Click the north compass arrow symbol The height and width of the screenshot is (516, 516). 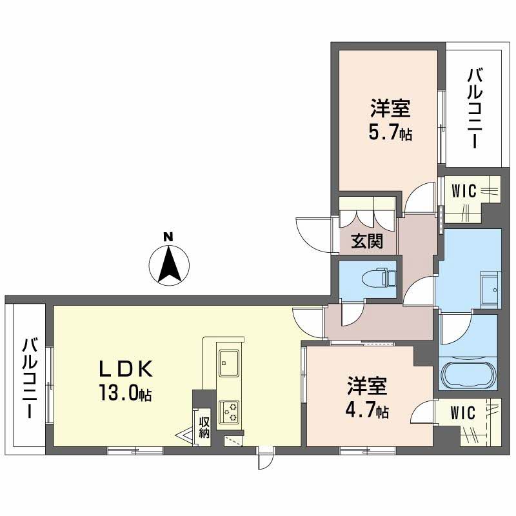168,264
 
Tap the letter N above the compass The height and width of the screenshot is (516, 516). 168,237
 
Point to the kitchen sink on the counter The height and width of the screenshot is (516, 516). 228,362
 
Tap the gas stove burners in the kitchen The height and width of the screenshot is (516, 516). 229,411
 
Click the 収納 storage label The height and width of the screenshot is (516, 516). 204,427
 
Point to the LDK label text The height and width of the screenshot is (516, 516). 125,369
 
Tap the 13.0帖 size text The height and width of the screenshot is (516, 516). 125,393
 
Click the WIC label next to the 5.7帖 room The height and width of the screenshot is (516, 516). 464,191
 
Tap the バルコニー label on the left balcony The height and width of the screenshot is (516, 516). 28,377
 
